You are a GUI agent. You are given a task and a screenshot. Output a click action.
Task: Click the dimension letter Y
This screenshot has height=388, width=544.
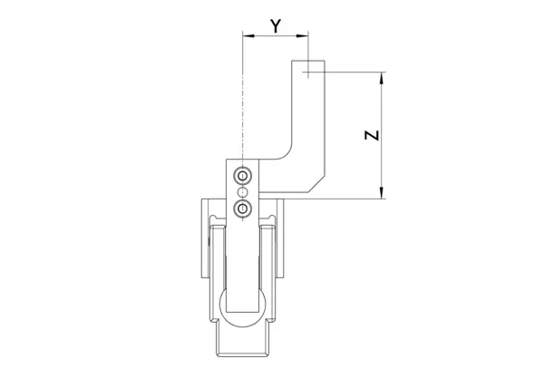pos(275,26)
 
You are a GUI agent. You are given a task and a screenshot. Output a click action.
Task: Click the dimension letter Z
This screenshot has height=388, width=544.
pos(372,135)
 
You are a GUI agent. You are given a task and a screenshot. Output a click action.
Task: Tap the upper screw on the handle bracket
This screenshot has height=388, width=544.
pos(242,176)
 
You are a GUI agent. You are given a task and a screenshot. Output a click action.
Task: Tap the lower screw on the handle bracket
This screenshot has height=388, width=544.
pos(242,209)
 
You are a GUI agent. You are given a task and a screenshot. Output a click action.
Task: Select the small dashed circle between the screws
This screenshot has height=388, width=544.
pos(242,192)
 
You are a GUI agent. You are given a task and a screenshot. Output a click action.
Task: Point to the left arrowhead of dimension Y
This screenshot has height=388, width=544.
pos(248,35)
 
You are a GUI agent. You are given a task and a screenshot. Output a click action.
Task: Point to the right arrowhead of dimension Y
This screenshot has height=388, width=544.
pos(302,35)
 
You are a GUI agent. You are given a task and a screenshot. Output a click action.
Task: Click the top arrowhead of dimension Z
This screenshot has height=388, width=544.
pos(382,78)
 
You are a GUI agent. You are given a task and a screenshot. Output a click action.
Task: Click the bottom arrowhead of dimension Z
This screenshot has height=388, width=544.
pos(382,193)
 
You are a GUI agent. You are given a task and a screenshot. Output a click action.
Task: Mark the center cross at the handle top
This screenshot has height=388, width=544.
pos(308,73)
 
